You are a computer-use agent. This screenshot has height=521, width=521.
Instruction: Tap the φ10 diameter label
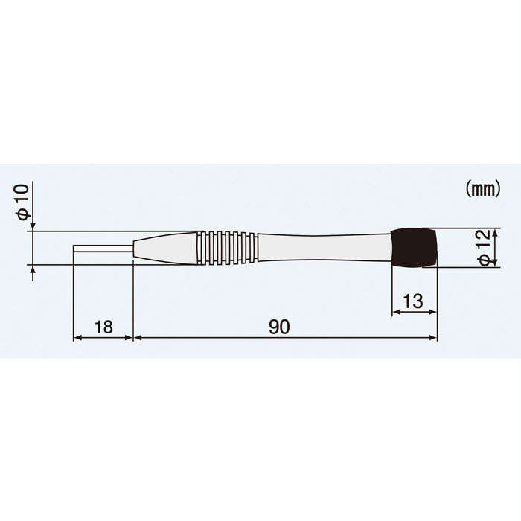click(x=23, y=201)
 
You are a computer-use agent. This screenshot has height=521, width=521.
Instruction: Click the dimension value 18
click(x=103, y=327)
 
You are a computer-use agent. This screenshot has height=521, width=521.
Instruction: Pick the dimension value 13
click(x=413, y=301)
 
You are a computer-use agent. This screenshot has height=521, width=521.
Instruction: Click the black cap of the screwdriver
click(x=414, y=247)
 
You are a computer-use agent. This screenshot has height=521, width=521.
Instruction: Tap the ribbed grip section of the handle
click(x=228, y=247)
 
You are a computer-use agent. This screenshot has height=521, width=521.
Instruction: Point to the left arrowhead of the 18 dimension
click(x=76, y=338)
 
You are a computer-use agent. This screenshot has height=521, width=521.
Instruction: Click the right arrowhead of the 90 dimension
click(x=434, y=338)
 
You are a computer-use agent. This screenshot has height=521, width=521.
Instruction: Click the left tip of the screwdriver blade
click(x=74, y=248)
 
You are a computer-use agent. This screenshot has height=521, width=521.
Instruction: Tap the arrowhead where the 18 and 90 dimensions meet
click(x=132, y=338)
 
